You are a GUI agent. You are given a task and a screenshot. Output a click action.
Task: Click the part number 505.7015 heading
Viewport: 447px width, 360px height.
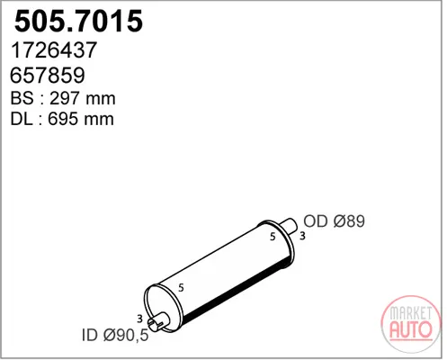point(78,21)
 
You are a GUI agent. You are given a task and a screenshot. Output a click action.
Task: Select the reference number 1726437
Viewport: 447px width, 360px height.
point(54,49)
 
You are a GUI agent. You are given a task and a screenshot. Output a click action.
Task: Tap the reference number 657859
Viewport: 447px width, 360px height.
point(48,75)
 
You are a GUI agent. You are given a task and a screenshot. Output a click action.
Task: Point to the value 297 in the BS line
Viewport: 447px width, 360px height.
point(65,98)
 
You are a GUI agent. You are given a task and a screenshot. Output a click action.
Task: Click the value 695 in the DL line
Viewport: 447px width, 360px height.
point(63,119)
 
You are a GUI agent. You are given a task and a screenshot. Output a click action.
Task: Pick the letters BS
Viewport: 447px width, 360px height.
point(22,98)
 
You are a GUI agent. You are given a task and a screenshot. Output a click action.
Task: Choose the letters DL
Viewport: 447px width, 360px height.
point(22,119)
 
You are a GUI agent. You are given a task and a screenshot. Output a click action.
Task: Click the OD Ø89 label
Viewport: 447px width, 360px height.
point(334,221)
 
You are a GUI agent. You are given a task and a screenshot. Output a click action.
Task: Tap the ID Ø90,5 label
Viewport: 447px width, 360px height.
point(115,335)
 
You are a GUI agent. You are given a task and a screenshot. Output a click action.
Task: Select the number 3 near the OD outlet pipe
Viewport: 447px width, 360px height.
point(302,236)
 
